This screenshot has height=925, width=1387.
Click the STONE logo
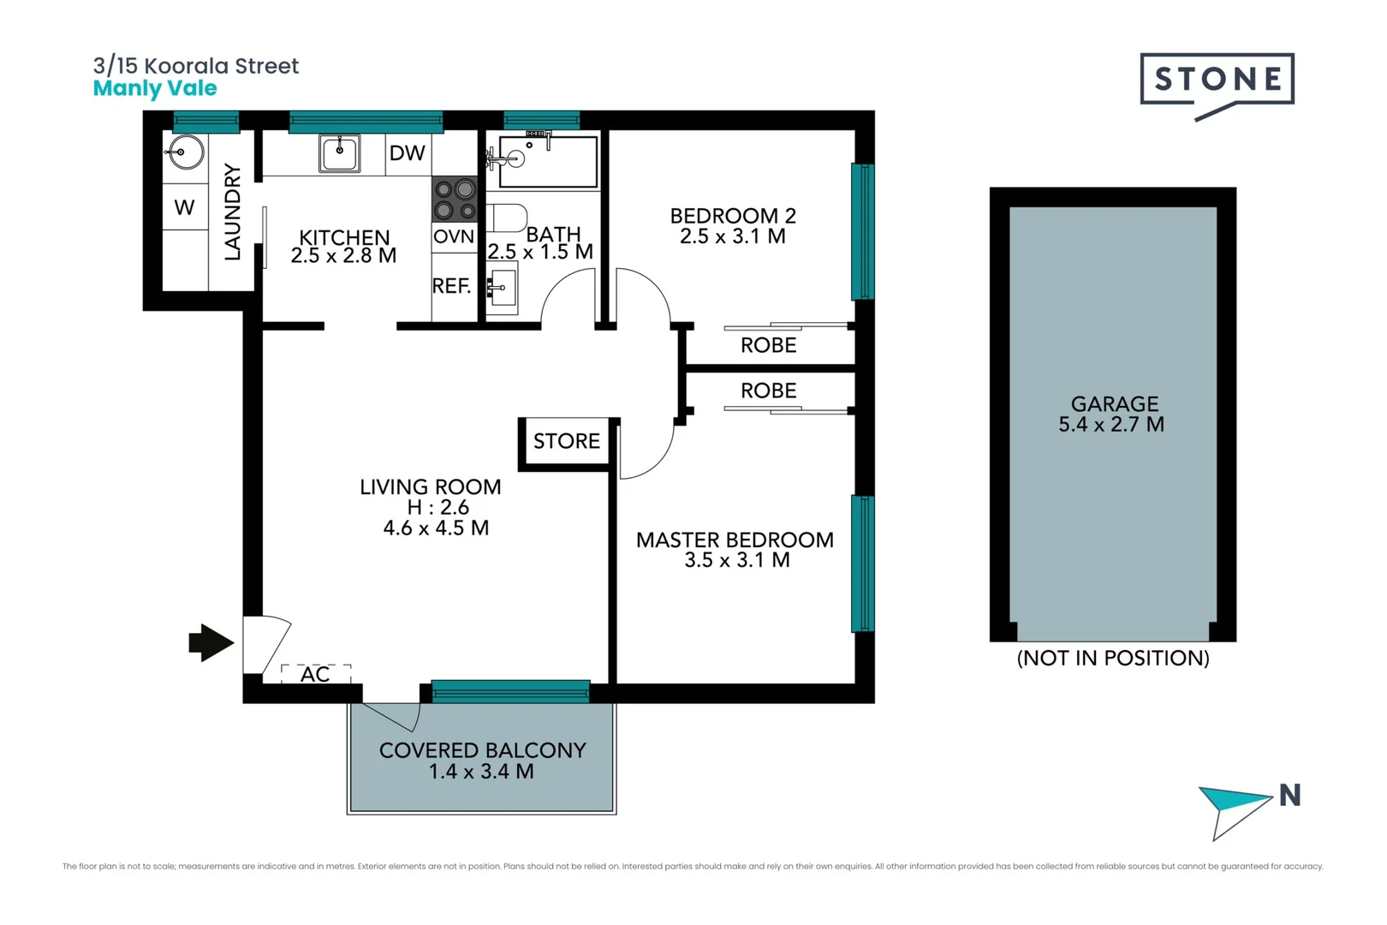pyautogui.click(x=1217, y=80)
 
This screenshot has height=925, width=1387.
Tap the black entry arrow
pyautogui.click(x=210, y=642)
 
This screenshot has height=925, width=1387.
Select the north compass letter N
pyautogui.click(x=1289, y=796)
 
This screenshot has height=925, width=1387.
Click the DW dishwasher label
pyautogui.click(x=407, y=153)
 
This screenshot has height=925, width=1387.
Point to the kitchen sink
pyautogui.click(x=340, y=153)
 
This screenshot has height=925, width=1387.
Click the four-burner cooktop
pyautogui.click(x=455, y=199)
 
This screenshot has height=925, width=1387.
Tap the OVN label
pyautogui.click(x=453, y=236)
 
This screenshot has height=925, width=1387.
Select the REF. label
pyautogui.click(x=451, y=286)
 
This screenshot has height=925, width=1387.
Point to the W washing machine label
pyautogui.click(x=184, y=207)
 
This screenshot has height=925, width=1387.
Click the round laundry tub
pyautogui.click(x=184, y=153)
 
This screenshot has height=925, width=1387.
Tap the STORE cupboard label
pyautogui.click(x=566, y=441)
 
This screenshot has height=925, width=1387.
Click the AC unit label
pyautogui.click(x=315, y=675)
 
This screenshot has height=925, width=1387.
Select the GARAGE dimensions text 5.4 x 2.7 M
pyautogui.click(x=1111, y=425)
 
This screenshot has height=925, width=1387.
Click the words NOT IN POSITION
pyautogui.click(x=1112, y=658)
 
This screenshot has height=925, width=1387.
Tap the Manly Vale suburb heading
pyautogui.click(x=155, y=88)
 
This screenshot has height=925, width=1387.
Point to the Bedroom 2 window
pyautogui.click(x=862, y=231)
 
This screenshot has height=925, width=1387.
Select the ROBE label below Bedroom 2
pyautogui.click(x=768, y=345)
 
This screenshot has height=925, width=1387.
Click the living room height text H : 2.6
pyautogui.click(x=438, y=507)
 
